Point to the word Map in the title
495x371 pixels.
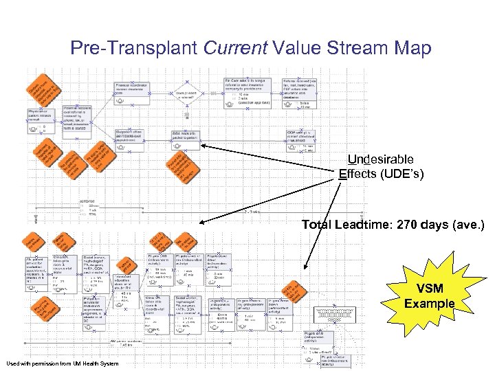coord(413,48)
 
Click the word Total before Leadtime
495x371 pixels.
coord(318,224)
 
